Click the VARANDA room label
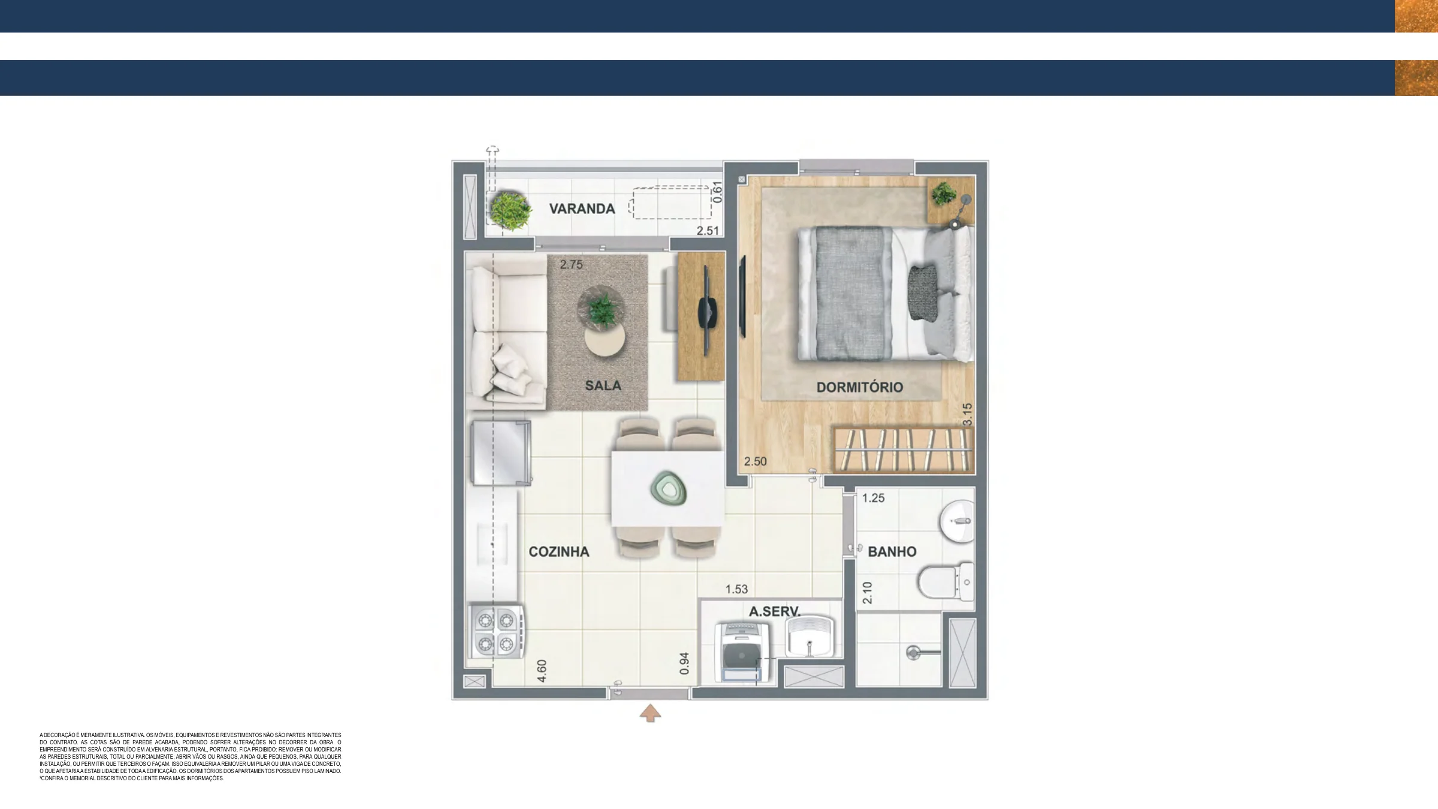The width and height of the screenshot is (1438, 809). coord(582,209)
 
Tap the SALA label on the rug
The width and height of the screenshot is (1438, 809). coord(603,385)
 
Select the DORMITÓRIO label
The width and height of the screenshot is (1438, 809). coord(859,387)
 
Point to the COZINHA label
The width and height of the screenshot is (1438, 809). coord(558,551)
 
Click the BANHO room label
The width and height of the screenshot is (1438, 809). coord(892,551)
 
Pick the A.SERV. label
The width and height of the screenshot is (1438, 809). coord(774,611)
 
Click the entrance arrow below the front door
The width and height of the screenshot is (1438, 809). coord(650,713)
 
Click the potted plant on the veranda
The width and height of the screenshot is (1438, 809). coord(510,210)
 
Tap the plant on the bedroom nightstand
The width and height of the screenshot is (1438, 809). coord(944,194)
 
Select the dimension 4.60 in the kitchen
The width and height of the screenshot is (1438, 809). coord(542,671)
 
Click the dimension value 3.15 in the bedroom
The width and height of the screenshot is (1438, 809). coord(966,415)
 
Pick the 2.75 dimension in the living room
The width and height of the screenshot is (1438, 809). coord(571,264)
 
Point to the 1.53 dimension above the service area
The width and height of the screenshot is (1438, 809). coord(736,589)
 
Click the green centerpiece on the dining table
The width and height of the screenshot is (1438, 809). coord(668,488)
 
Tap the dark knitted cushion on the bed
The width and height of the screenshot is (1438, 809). coord(923,292)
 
